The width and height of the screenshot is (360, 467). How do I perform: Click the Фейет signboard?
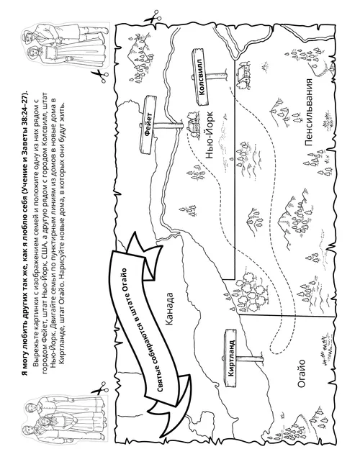pyautogui.click(x=148, y=125)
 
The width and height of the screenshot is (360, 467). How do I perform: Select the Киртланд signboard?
pyautogui.click(x=230, y=358)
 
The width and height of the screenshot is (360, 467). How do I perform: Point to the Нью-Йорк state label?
pyautogui.click(x=210, y=135)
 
